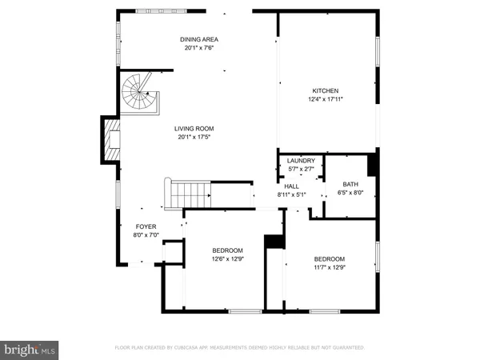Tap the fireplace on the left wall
click(110, 142)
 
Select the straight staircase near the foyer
click(190, 193)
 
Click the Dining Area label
click(198, 39)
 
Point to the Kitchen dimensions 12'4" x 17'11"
click(326, 99)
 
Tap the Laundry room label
click(301, 161)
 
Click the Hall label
click(291, 186)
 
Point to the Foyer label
click(146, 226)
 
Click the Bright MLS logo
click(30, 349)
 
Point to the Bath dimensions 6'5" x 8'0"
click(351, 192)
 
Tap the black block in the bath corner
click(371, 164)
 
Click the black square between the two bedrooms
click(274, 241)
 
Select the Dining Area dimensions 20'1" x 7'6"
click(198, 48)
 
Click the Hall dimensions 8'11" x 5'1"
click(291, 194)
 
